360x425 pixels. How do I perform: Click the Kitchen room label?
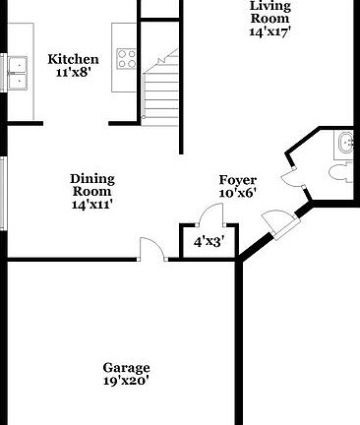[x=73, y=59]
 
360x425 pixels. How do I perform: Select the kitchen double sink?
[x=17, y=68]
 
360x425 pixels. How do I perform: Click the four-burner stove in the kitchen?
[x=125, y=58]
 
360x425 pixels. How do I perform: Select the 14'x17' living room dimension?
[x=269, y=31]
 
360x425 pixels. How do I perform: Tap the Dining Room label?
[x=92, y=185]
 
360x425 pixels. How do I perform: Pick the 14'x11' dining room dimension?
[x=92, y=206]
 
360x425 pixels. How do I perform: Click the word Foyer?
[x=237, y=180]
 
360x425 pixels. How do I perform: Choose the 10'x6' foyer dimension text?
[x=237, y=195]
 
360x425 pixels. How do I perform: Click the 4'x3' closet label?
[x=208, y=241]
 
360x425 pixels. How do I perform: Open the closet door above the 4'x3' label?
[x=203, y=217]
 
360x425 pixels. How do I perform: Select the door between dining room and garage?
[x=150, y=250]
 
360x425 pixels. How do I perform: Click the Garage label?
[x=126, y=368]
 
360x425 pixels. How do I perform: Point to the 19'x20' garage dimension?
[x=126, y=382]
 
